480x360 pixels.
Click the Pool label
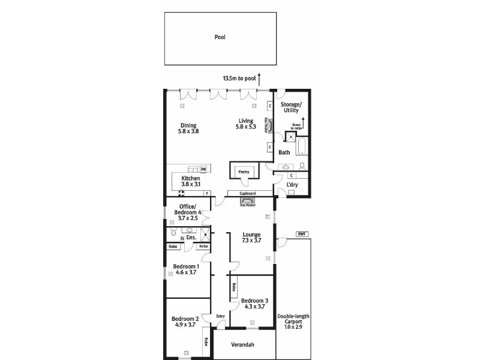click(220, 37)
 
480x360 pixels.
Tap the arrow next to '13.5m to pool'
click(259, 77)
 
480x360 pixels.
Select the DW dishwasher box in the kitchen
click(203, 169)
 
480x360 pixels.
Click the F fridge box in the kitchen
click(206, 193)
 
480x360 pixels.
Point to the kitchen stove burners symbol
click(181, 193)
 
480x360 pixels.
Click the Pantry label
click(244, 171)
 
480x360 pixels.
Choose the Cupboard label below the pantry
click(248, 194)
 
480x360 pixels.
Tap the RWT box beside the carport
click(301, 234)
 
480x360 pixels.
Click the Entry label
click(220, 316)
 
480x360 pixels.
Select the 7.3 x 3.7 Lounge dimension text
click(251, 241)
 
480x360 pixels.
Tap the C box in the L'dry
click(291, 176)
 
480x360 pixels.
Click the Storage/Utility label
click(292, 107)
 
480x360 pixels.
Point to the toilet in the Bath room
click(301, 165)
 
